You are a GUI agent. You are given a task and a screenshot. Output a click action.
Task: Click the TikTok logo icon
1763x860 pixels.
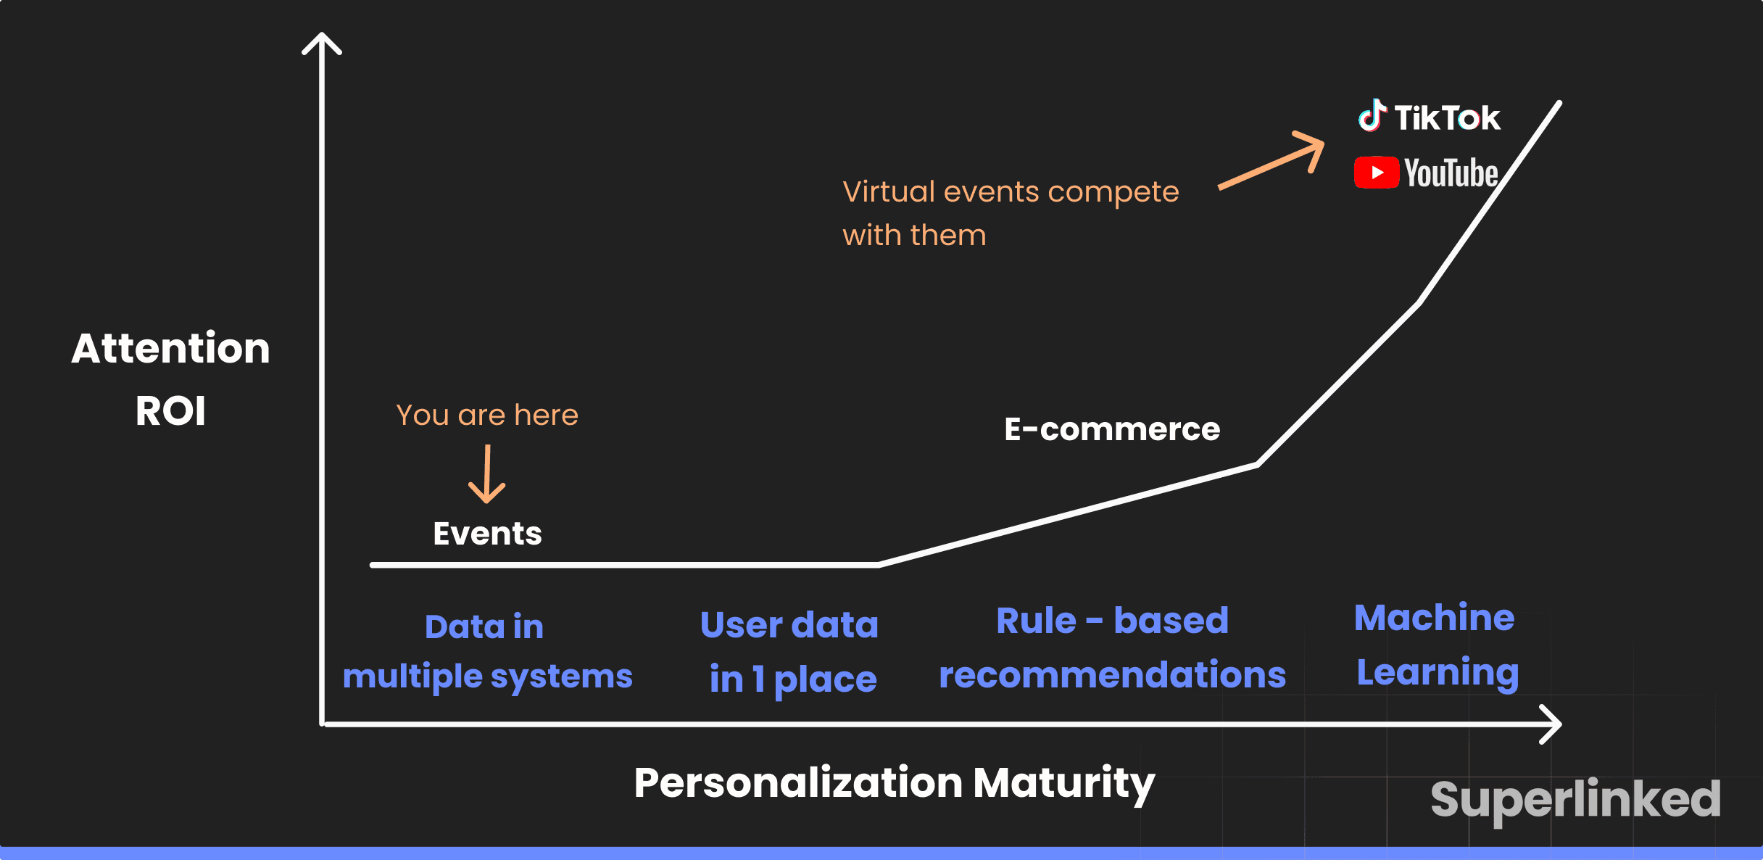(1372, 116)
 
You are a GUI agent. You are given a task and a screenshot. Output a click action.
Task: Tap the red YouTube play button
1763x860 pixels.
(1376, 173)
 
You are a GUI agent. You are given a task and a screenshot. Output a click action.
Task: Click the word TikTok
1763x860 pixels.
(1447, 117)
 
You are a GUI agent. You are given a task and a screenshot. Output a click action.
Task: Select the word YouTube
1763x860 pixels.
(1451, 173)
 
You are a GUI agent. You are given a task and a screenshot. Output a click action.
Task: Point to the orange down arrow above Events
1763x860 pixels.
(487, 474)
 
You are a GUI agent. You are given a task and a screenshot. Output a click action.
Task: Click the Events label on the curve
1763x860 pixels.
(487, 534)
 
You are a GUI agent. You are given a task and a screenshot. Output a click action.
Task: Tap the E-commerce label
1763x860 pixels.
(1112, 429)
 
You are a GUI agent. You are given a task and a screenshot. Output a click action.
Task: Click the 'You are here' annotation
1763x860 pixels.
(487, 415)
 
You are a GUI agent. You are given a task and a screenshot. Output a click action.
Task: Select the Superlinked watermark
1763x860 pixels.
(1575, 799)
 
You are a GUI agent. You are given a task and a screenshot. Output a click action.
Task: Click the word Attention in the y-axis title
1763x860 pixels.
(170, 348)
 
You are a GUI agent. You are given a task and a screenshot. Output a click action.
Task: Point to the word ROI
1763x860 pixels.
(170, 410)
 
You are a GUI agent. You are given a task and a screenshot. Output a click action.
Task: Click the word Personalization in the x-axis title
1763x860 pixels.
(798, 783)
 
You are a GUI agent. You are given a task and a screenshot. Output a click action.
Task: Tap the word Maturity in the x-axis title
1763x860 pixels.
(1063, 783)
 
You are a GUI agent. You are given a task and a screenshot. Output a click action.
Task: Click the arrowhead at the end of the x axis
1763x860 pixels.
(1551, 724)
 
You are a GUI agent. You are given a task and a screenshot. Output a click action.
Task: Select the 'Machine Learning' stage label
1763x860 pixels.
(1436, 645)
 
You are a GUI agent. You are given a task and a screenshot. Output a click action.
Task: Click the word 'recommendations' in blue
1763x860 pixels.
(1112, 674)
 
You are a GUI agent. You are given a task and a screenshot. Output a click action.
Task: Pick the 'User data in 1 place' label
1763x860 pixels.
(791, 651)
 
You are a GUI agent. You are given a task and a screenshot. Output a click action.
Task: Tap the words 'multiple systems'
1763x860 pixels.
(487, 677)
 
